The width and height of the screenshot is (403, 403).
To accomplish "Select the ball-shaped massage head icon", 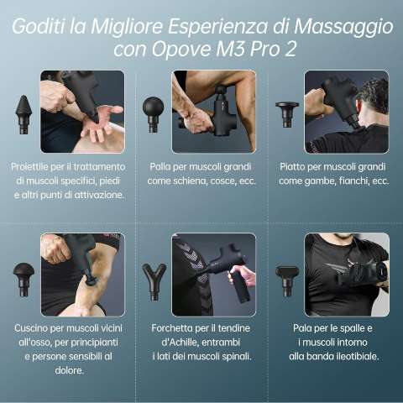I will (153, 109).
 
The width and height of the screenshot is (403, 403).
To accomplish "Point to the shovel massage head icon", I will (285, 273).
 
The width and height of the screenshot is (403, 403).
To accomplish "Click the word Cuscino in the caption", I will (34, 327).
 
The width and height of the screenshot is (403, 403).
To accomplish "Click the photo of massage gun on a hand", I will (82, 111).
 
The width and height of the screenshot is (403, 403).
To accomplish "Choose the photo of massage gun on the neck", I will (346, 111).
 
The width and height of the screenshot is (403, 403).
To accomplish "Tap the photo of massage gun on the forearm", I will (214, 111).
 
